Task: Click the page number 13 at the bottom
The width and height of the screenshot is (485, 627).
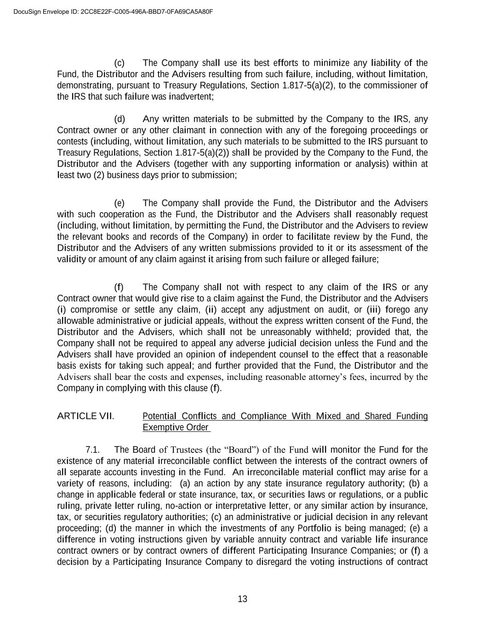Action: (x=243, y=599)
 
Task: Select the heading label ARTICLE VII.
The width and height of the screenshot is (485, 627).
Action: (x=86, y=416)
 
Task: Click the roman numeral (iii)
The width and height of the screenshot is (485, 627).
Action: (x=374, y=310)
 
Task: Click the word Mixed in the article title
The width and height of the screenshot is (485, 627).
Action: (x=328, y=416)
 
